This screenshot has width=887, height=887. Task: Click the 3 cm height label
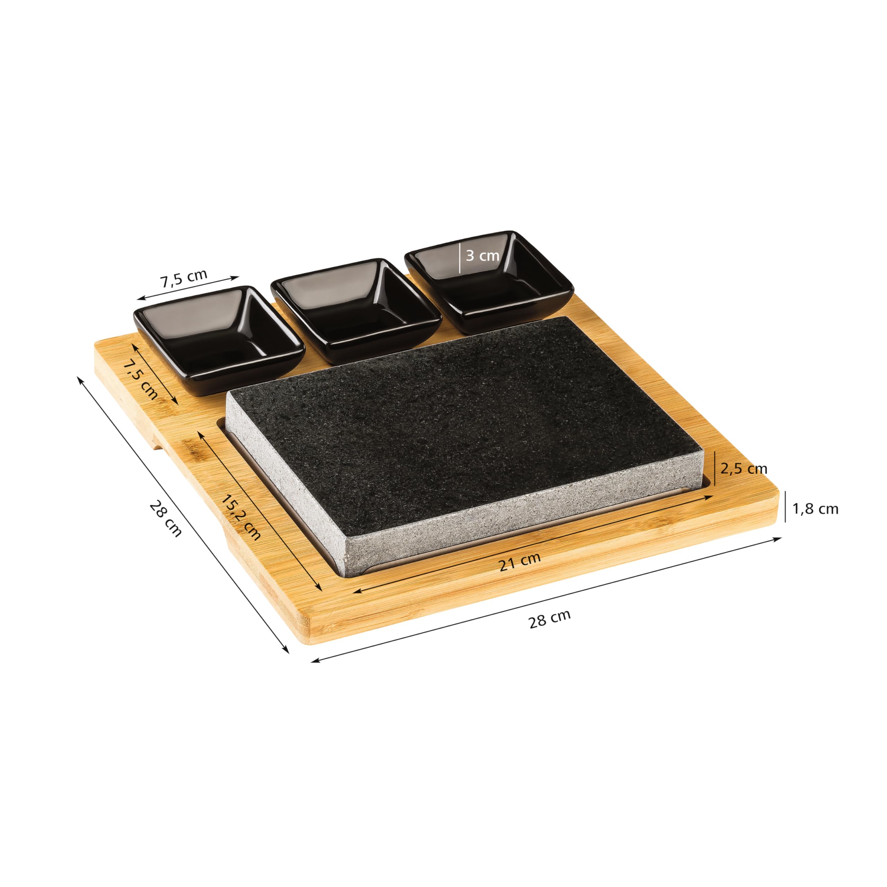[x=482, y=255]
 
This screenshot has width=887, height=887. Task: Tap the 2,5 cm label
[x=744, y=469]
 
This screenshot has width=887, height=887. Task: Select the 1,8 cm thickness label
[x=815, y=509]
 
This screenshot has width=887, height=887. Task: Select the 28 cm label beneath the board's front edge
[x=550, y=619]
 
